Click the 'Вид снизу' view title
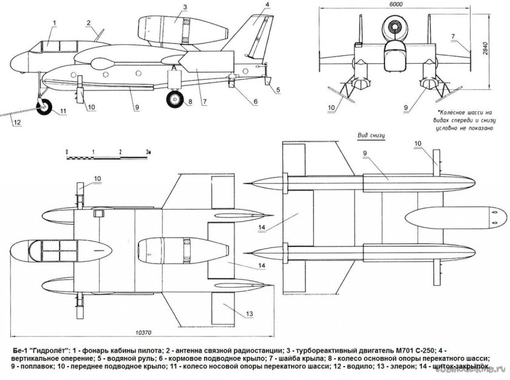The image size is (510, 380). coord(372,135)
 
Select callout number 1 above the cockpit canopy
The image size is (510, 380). coord(54,22)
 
